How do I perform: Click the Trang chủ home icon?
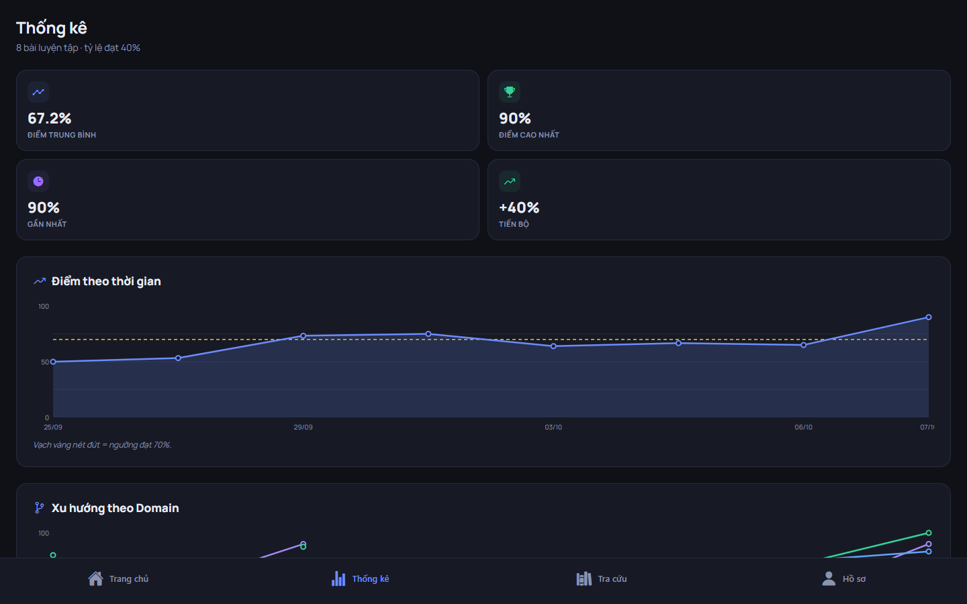pyautogui.click(x=95, y=578)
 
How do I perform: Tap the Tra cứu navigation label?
pyautogui.click(x=612, y=579)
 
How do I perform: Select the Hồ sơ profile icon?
pyautogui.click(x=829, y=578)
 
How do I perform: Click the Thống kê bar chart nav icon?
pyautogui.click(x=338, y=578)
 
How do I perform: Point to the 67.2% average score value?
pyautogui.click(x=49, y=118)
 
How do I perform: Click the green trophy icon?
pyautogui.click(x=510, y=91)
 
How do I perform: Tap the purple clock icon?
pyautogui.click(x=38, y=181)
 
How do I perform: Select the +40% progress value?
pyautogui.click(x=519, y=207)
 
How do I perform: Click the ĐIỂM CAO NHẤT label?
pyautogui.click(x=529, y=135)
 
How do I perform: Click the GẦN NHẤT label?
pyautogui.click(x=46, y=224)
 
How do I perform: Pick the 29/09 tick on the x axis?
pyautogui.click(x=303, y=427)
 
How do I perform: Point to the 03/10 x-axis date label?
pyautogui.click(x=553, y=427)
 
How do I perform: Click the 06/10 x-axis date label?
pyautogui.click(x=803, y=427)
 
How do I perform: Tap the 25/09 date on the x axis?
pyautogui.click(x=52, y=427)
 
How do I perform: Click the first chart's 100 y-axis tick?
pyautogui.click(x=44, y=306)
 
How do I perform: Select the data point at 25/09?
pyautogui.click(x=53, y=362)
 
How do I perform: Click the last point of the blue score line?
pyautogui.click(x=929, y=317)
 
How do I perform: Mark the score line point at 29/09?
pyautogui.click(x=303, y=336)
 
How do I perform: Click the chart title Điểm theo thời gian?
pyautogui.click(x=106, y=281)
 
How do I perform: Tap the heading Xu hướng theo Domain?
pyautogui.click(x=115, y=508)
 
